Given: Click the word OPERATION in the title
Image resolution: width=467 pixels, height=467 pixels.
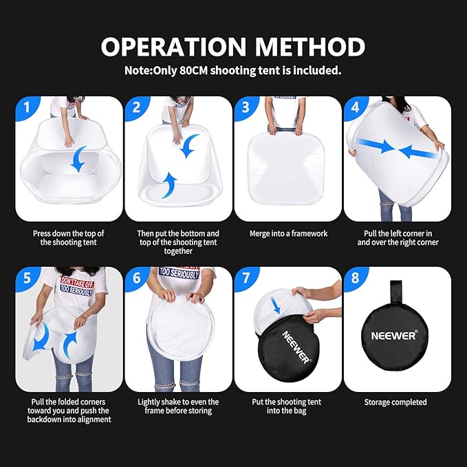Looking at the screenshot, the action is click(173, 47).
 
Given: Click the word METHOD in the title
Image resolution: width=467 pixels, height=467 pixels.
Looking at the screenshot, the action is click(310, 47).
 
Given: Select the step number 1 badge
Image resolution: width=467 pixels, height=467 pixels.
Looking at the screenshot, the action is click(28, 108).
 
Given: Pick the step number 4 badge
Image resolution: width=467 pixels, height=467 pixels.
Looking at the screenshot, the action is click(356, 108).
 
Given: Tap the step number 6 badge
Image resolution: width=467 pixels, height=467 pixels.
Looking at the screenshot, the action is click(137, 279).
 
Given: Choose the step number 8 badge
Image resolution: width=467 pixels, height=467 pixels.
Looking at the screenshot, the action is click(356, 279).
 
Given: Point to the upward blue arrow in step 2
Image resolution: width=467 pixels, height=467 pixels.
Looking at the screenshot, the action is click(169, 185).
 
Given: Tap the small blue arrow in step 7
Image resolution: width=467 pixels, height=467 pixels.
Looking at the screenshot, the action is click(276, 305).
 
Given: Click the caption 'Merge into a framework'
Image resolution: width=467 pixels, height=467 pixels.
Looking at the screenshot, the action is click(288, 234).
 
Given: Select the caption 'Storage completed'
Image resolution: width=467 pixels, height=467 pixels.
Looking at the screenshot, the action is click(395, 402).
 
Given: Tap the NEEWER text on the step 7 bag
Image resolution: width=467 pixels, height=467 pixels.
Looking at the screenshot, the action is click(296, 347).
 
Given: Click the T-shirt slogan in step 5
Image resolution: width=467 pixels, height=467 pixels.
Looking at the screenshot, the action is click(77, 286).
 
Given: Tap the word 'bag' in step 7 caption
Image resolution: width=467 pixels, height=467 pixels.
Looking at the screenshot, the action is click(300, 411).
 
